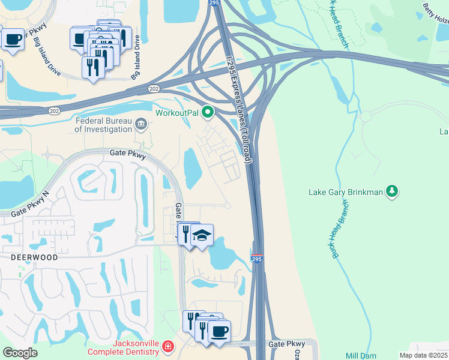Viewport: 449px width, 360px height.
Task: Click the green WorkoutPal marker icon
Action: click(208, 112)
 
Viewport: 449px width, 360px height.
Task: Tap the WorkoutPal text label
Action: click(176, 113)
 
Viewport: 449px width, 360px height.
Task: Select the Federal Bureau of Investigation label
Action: click(103, 125)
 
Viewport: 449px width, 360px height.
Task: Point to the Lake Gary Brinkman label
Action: click(345, 193)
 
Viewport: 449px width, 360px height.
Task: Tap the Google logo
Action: click(20, 353)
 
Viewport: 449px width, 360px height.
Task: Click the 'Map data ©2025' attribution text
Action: click(423, 355)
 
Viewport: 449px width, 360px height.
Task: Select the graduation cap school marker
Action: click(203, 235)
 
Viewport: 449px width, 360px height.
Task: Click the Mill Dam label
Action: click(361, 356)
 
